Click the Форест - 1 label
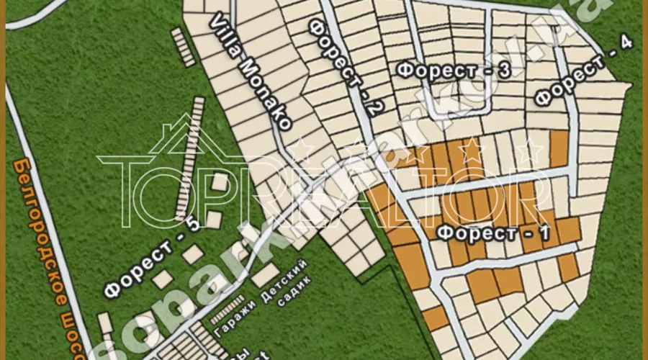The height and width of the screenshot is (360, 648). [494, 233]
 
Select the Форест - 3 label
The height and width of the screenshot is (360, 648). [454, 70]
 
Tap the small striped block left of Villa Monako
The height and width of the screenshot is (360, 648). [185, 48]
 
